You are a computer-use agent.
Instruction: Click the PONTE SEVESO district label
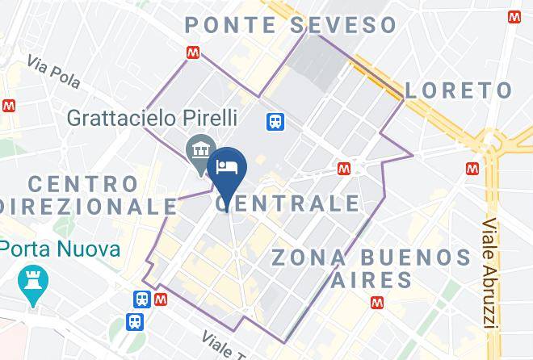(x=291, y=24)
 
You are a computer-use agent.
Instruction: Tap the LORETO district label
(x=458, y=90)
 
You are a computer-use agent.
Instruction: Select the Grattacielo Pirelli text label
(x=153, y=118)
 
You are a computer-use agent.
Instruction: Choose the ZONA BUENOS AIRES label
(x=371, y=269)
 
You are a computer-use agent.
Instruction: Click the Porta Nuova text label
(x=61, y=248)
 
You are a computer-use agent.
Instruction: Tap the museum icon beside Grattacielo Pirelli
(x=198, y=150)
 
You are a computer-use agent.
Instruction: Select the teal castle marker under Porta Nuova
(x=34, y=283)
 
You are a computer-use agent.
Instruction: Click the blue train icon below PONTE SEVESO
(x=275, y=121)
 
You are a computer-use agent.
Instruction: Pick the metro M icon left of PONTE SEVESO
(x=192, y=52)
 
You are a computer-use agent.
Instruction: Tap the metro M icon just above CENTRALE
(x=344, y=168)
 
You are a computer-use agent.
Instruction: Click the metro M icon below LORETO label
(x=472, y=168)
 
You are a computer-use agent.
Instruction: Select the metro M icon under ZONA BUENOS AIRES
(x=376, y=303)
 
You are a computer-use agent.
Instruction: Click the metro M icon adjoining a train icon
(x=161, y=299)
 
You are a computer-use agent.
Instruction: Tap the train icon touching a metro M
(x=141, y=299)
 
